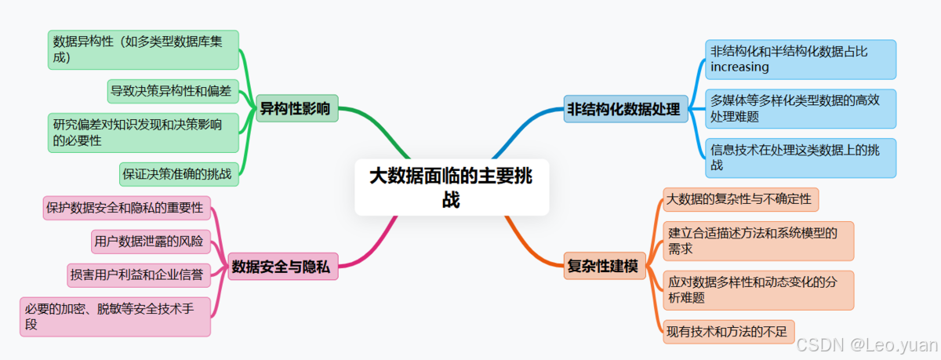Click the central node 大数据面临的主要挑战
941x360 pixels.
tap(451, 187)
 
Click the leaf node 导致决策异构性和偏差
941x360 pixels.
tap(171, 91)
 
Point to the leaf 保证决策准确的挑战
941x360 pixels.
tap(179, 173)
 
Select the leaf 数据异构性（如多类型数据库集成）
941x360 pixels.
tap(143, 49)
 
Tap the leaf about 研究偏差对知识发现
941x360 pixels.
tap(143, 132)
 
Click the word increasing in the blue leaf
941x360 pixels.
tap(739, 67)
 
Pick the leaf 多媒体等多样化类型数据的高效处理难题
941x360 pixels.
tap(799, 109)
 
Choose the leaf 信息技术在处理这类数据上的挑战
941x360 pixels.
tap(799, 158)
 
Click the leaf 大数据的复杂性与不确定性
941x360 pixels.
tap(739, 199)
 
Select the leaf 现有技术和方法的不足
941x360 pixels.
tap(726, 331)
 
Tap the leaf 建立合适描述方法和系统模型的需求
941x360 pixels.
tap(758, 241)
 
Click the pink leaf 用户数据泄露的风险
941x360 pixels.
tap(149, 242)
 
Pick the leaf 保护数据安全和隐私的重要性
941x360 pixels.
tap(125, 208)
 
